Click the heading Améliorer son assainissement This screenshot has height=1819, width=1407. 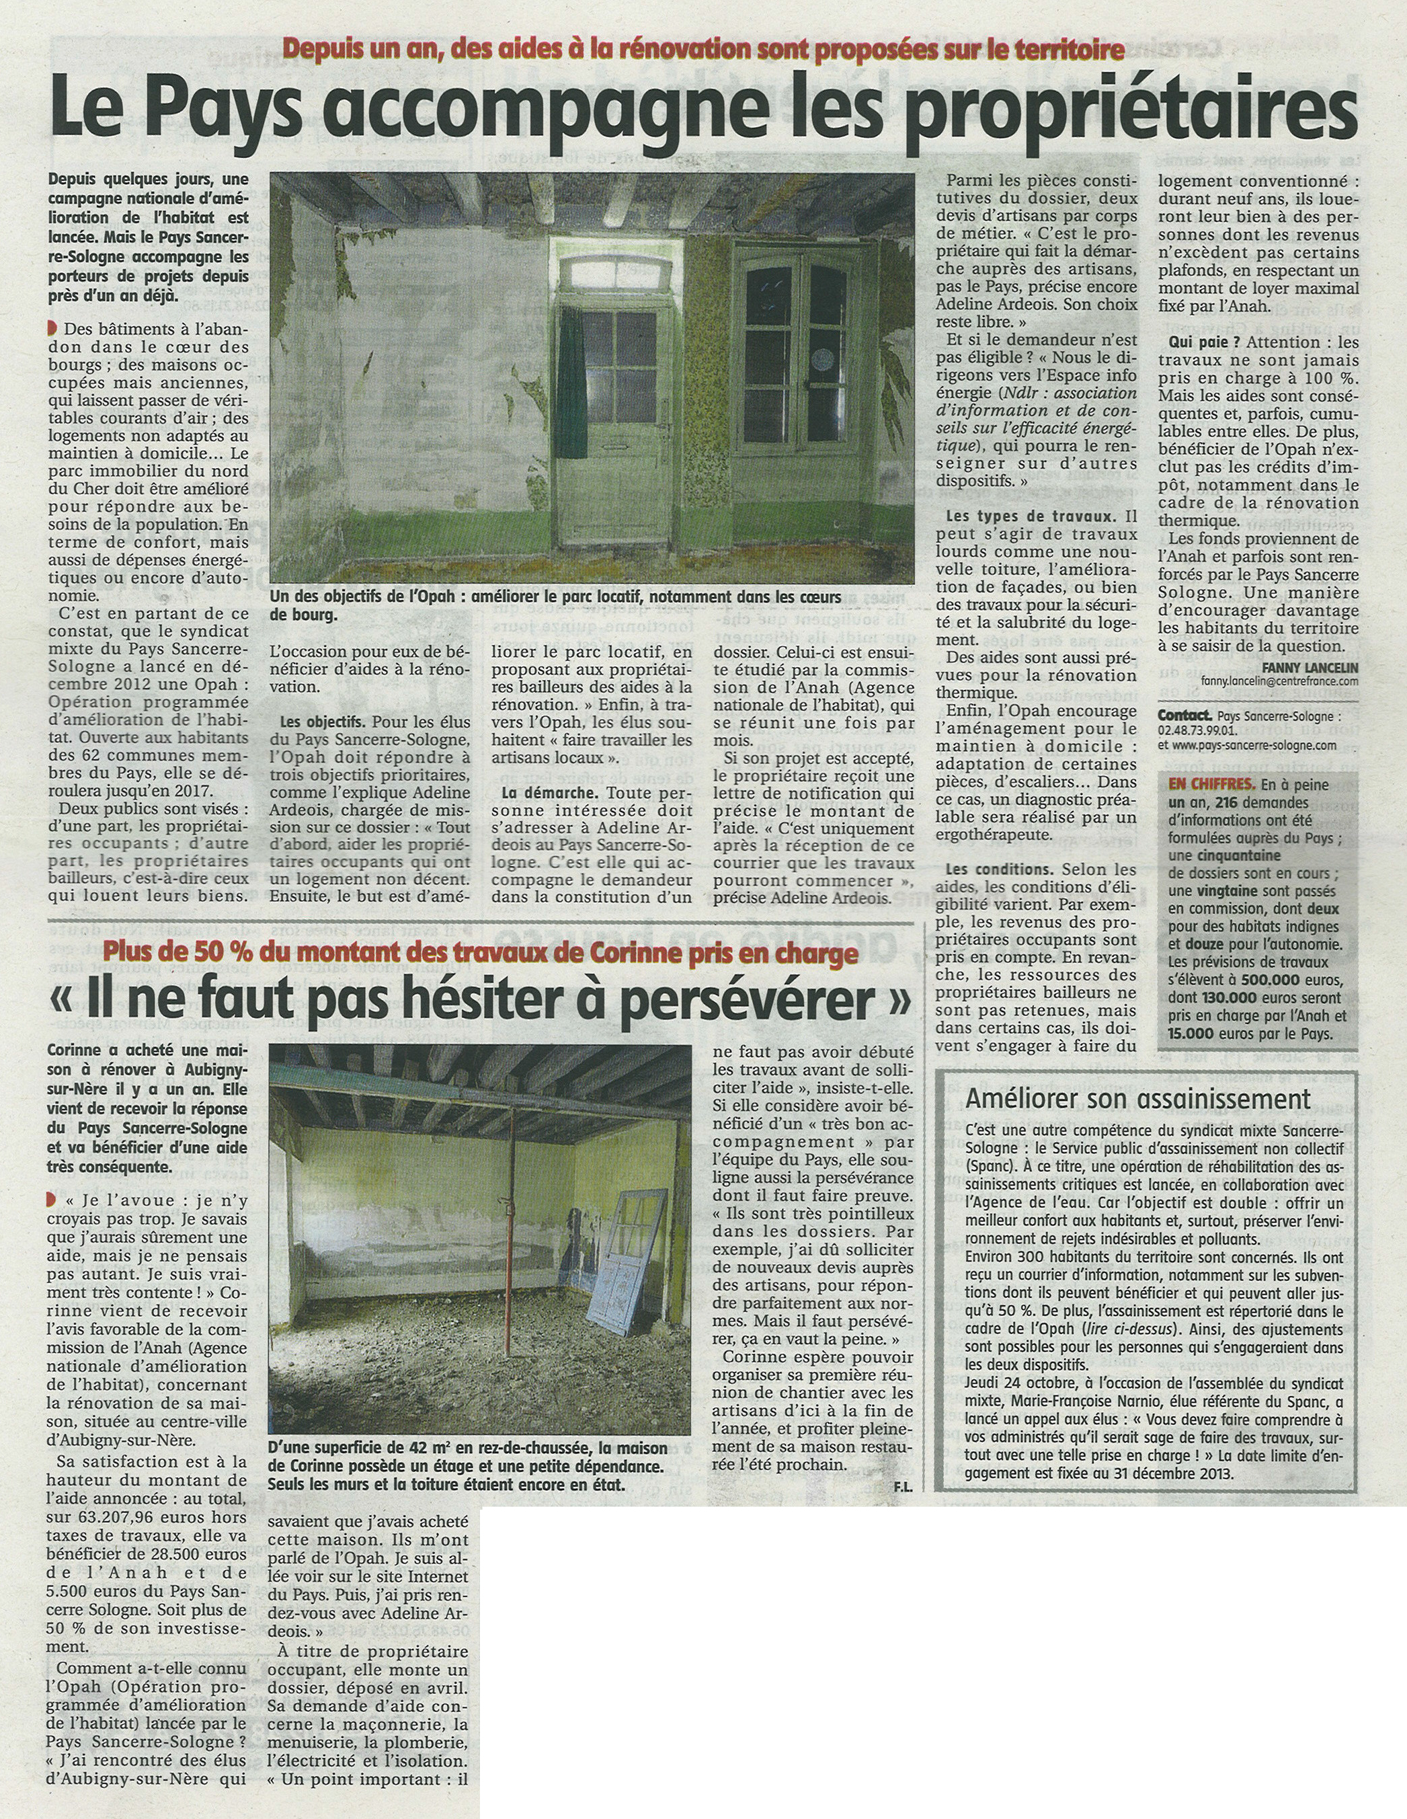[x=1138, y=1099]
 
